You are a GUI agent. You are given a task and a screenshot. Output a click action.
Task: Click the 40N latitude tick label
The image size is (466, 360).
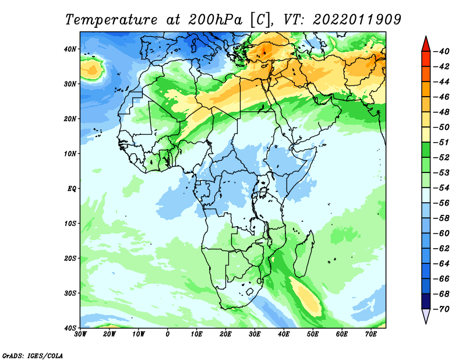pyautogui.click(x=70, y=49)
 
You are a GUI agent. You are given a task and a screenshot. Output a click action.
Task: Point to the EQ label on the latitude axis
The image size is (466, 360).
pyautogui.click(x=72, y=189)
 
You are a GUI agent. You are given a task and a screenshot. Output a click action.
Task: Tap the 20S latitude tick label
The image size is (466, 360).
pyautogui.click(x=70, y=258)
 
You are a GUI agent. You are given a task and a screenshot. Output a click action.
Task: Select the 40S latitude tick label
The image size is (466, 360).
pyautogui.click(x=70, y=328)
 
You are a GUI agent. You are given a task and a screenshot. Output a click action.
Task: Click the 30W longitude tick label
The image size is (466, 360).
pyautogui.click(x=80, y=334)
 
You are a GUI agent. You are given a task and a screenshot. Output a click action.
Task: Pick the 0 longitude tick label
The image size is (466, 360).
pyautogui.click(x=168, y=334)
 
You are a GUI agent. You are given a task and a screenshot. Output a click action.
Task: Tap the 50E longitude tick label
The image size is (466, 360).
pyautogui.click(x=313, y=334)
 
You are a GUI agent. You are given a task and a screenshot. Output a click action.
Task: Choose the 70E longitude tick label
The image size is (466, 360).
pyautogui.click(x=371, y=334)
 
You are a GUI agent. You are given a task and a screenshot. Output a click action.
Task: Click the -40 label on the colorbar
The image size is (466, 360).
pyautogui.click(x=442, y=51)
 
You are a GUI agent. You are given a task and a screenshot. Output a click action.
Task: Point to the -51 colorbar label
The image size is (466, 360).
pyautogui.click(x=442, y=142)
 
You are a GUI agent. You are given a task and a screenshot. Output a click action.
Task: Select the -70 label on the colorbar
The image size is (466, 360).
pyautogui.click(x=442, y=309)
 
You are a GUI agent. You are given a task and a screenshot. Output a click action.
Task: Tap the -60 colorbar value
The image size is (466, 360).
pyautogui.click(x=442, y=234)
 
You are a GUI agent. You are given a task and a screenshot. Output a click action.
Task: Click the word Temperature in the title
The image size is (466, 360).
pyautogui.click(x=111, y=20)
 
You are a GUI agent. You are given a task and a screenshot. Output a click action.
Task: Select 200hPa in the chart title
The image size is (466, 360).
pyautogui.click(x=215, y=20)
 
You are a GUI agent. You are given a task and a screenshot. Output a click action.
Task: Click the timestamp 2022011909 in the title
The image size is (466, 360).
pyautogui.click(x=357, y=20)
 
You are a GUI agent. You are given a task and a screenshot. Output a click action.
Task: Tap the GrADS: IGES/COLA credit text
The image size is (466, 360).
pyautogui.click(x=33, y=355)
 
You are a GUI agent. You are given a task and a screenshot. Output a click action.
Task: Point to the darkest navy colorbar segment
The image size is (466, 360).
pyautogui.click(x=426, y=301)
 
